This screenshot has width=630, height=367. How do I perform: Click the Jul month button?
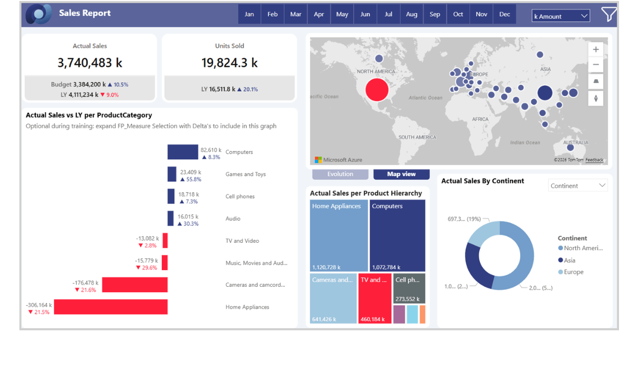[x=388, y=14]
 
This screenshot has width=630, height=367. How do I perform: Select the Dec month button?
[x=505, y=14]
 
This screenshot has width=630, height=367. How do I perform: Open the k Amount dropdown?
[x=561, y=16]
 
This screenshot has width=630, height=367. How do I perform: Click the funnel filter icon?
[x=608, y=14]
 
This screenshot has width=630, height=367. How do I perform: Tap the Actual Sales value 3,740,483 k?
[x=90, y=63]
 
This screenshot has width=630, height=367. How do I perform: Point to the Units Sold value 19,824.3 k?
[x=229, y=63]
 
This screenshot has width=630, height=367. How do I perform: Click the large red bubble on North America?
[x=376, y=90]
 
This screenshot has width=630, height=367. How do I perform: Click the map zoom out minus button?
[x=596, y=65]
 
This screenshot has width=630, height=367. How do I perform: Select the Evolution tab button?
[x=340, y=174]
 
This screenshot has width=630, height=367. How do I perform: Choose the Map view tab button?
[x=401, y=174]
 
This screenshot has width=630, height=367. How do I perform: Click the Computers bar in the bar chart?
[x=183, y=152]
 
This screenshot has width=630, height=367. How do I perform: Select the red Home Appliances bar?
[x=111, y=307]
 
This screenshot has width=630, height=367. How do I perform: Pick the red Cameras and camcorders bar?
[x=135, y=285]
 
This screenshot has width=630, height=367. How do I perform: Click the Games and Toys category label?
[x=246, y=175]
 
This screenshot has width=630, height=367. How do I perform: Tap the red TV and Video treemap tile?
[x=375, y=298]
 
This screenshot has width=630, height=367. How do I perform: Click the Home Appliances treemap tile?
[x=338, y=236]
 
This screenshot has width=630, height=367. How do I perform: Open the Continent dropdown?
[x=578, y=186]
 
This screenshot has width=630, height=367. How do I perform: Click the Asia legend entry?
[x=569, y=261]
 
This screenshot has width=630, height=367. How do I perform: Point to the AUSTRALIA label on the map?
[x=575, y=143]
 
